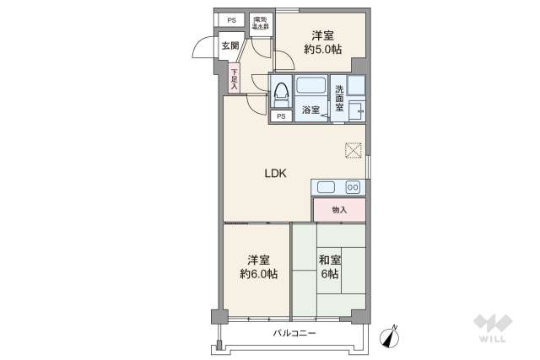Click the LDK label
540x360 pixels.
coord(276,174)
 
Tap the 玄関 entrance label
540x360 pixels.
coord(229,46)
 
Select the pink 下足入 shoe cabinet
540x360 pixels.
coord(234,78)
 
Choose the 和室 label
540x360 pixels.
coord(329,261)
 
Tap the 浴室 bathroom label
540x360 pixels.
coord(310,110)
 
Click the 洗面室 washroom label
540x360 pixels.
coord(338,99)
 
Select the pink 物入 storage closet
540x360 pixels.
coord(339,210)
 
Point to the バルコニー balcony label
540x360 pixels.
coord(294,334)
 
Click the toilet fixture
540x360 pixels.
coord(282,91)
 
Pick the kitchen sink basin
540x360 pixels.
coord(326,187)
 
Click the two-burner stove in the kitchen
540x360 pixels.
coord(354,187)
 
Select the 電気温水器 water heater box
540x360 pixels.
coord(258,23)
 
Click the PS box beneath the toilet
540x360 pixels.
coord(280,117)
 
